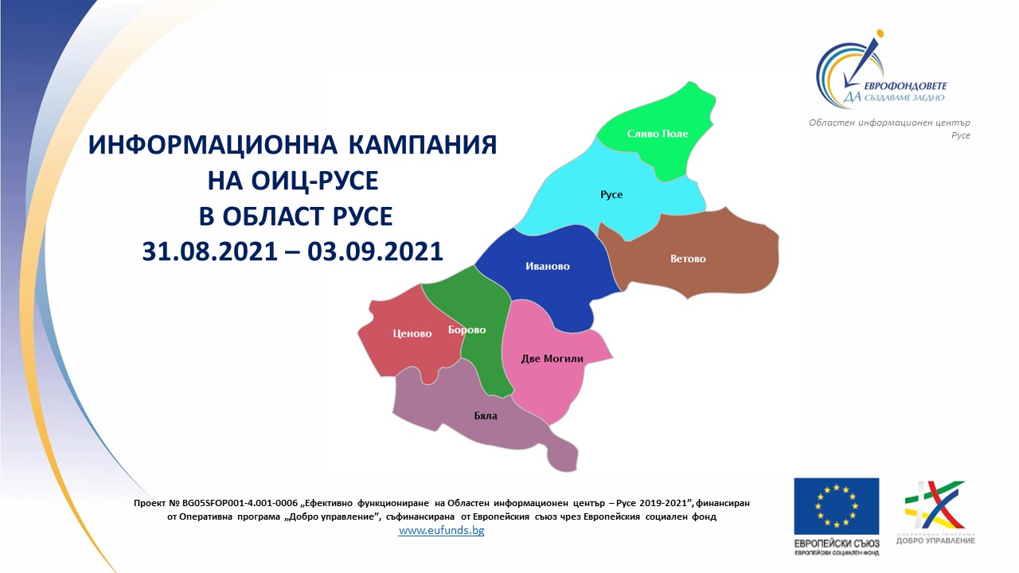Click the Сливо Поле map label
657,134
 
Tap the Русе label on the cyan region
611,195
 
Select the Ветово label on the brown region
688,259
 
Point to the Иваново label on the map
548,267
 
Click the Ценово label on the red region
412,333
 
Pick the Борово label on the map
467,329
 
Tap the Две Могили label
552,359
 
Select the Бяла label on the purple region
486,415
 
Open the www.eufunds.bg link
441,531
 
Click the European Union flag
836,506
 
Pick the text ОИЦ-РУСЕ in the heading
321,181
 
